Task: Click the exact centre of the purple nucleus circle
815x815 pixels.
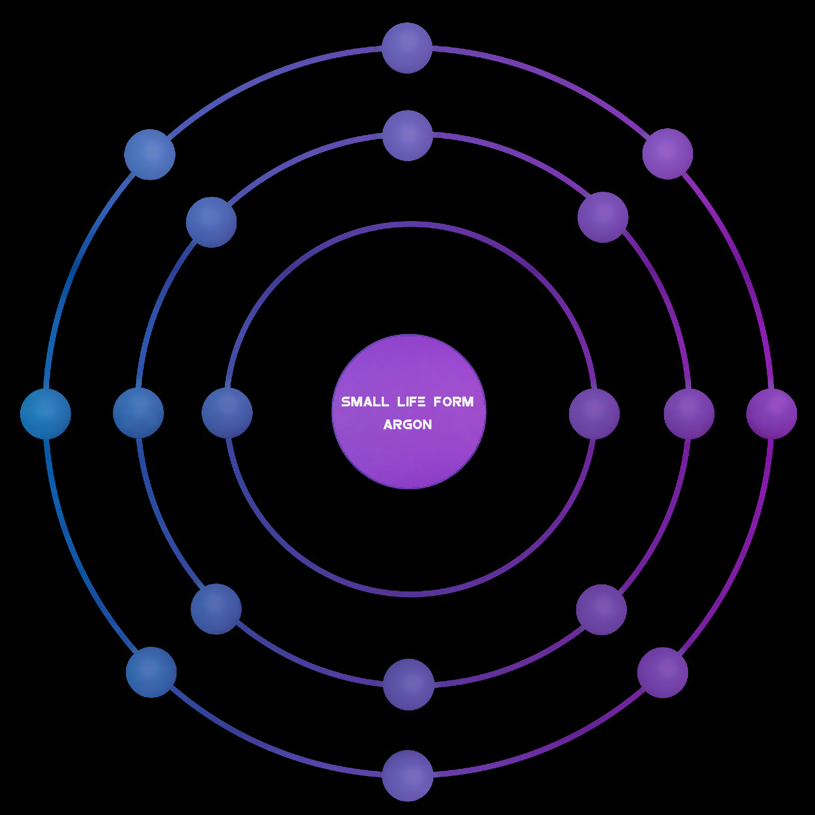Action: [x=409, y=412]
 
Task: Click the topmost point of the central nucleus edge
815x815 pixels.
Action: [x=409, y=334]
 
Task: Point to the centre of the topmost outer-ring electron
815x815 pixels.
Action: [x=407, y=48]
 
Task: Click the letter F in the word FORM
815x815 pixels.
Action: [x=438, y=402]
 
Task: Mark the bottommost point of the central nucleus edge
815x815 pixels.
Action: [x=409, y=489]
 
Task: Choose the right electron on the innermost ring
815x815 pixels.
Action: [x=594, y=414]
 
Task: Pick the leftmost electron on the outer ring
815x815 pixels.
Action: [x=46, y=414]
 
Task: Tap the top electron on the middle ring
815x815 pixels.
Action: [x=407, y=135]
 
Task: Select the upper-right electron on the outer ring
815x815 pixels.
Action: [x=668, y=154]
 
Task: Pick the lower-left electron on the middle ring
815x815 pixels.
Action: [x=216, y=609]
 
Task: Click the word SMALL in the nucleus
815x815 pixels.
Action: [x=365, y=402]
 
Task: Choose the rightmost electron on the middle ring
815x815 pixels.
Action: [x=689, y=414]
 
